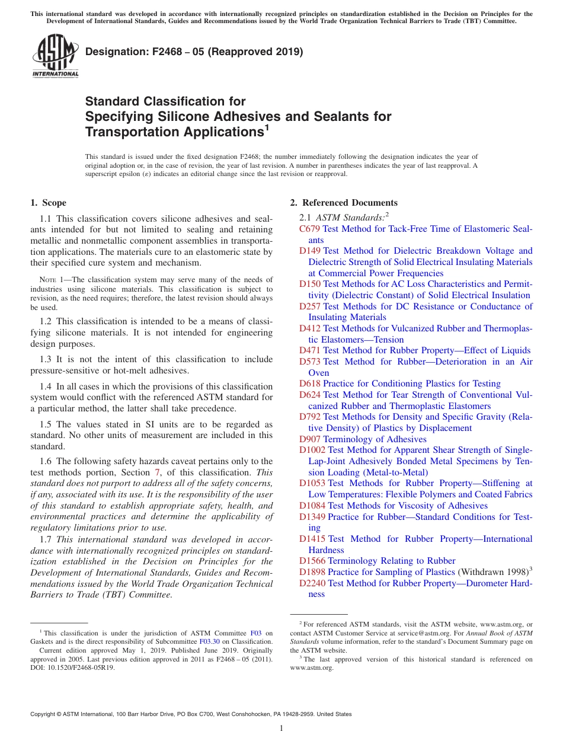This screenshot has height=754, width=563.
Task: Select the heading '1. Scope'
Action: (x=48, y=203)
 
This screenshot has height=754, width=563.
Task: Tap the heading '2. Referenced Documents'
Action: (x=344, y=203)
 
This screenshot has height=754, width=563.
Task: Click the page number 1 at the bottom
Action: (x=281, y=728)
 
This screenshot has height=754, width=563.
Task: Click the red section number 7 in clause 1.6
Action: (x=155, y=472)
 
